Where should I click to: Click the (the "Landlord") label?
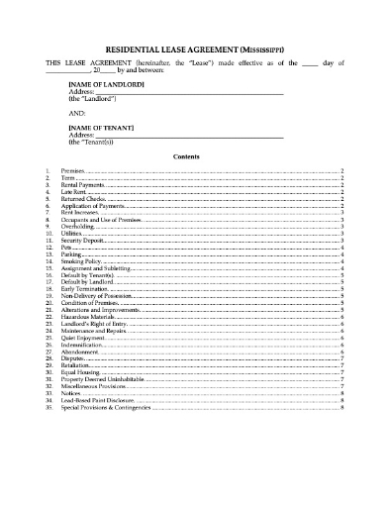pos(92,100)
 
